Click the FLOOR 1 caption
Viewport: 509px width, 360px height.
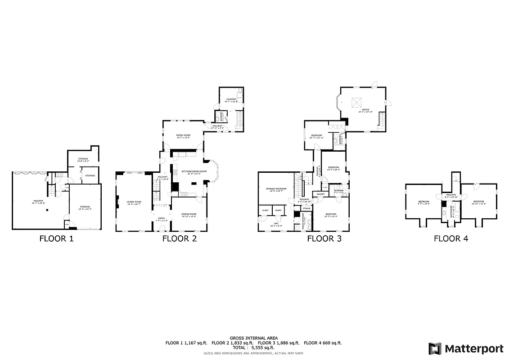[56, 238]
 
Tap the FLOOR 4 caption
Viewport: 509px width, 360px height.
[450, 238]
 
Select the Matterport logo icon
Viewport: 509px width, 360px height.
[435, 348]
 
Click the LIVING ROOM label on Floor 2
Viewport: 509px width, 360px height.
[134, 202]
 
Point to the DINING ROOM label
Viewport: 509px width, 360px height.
[189, 215]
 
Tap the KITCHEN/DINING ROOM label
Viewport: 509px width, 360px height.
[194, 172]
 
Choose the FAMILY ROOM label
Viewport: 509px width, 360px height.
[183, 136]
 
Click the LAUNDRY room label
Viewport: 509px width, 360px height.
[231, 99]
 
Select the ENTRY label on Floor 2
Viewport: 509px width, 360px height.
[161, 219]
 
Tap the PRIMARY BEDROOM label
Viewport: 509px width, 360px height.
[276, 189]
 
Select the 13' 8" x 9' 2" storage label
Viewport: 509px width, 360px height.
[82, 159]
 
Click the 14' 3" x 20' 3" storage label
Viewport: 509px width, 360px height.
[85, 207]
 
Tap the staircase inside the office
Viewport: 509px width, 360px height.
[382, 120]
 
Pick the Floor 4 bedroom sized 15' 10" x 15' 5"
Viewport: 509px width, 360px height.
[478, 202]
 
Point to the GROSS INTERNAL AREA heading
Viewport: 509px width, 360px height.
[254, 338]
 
